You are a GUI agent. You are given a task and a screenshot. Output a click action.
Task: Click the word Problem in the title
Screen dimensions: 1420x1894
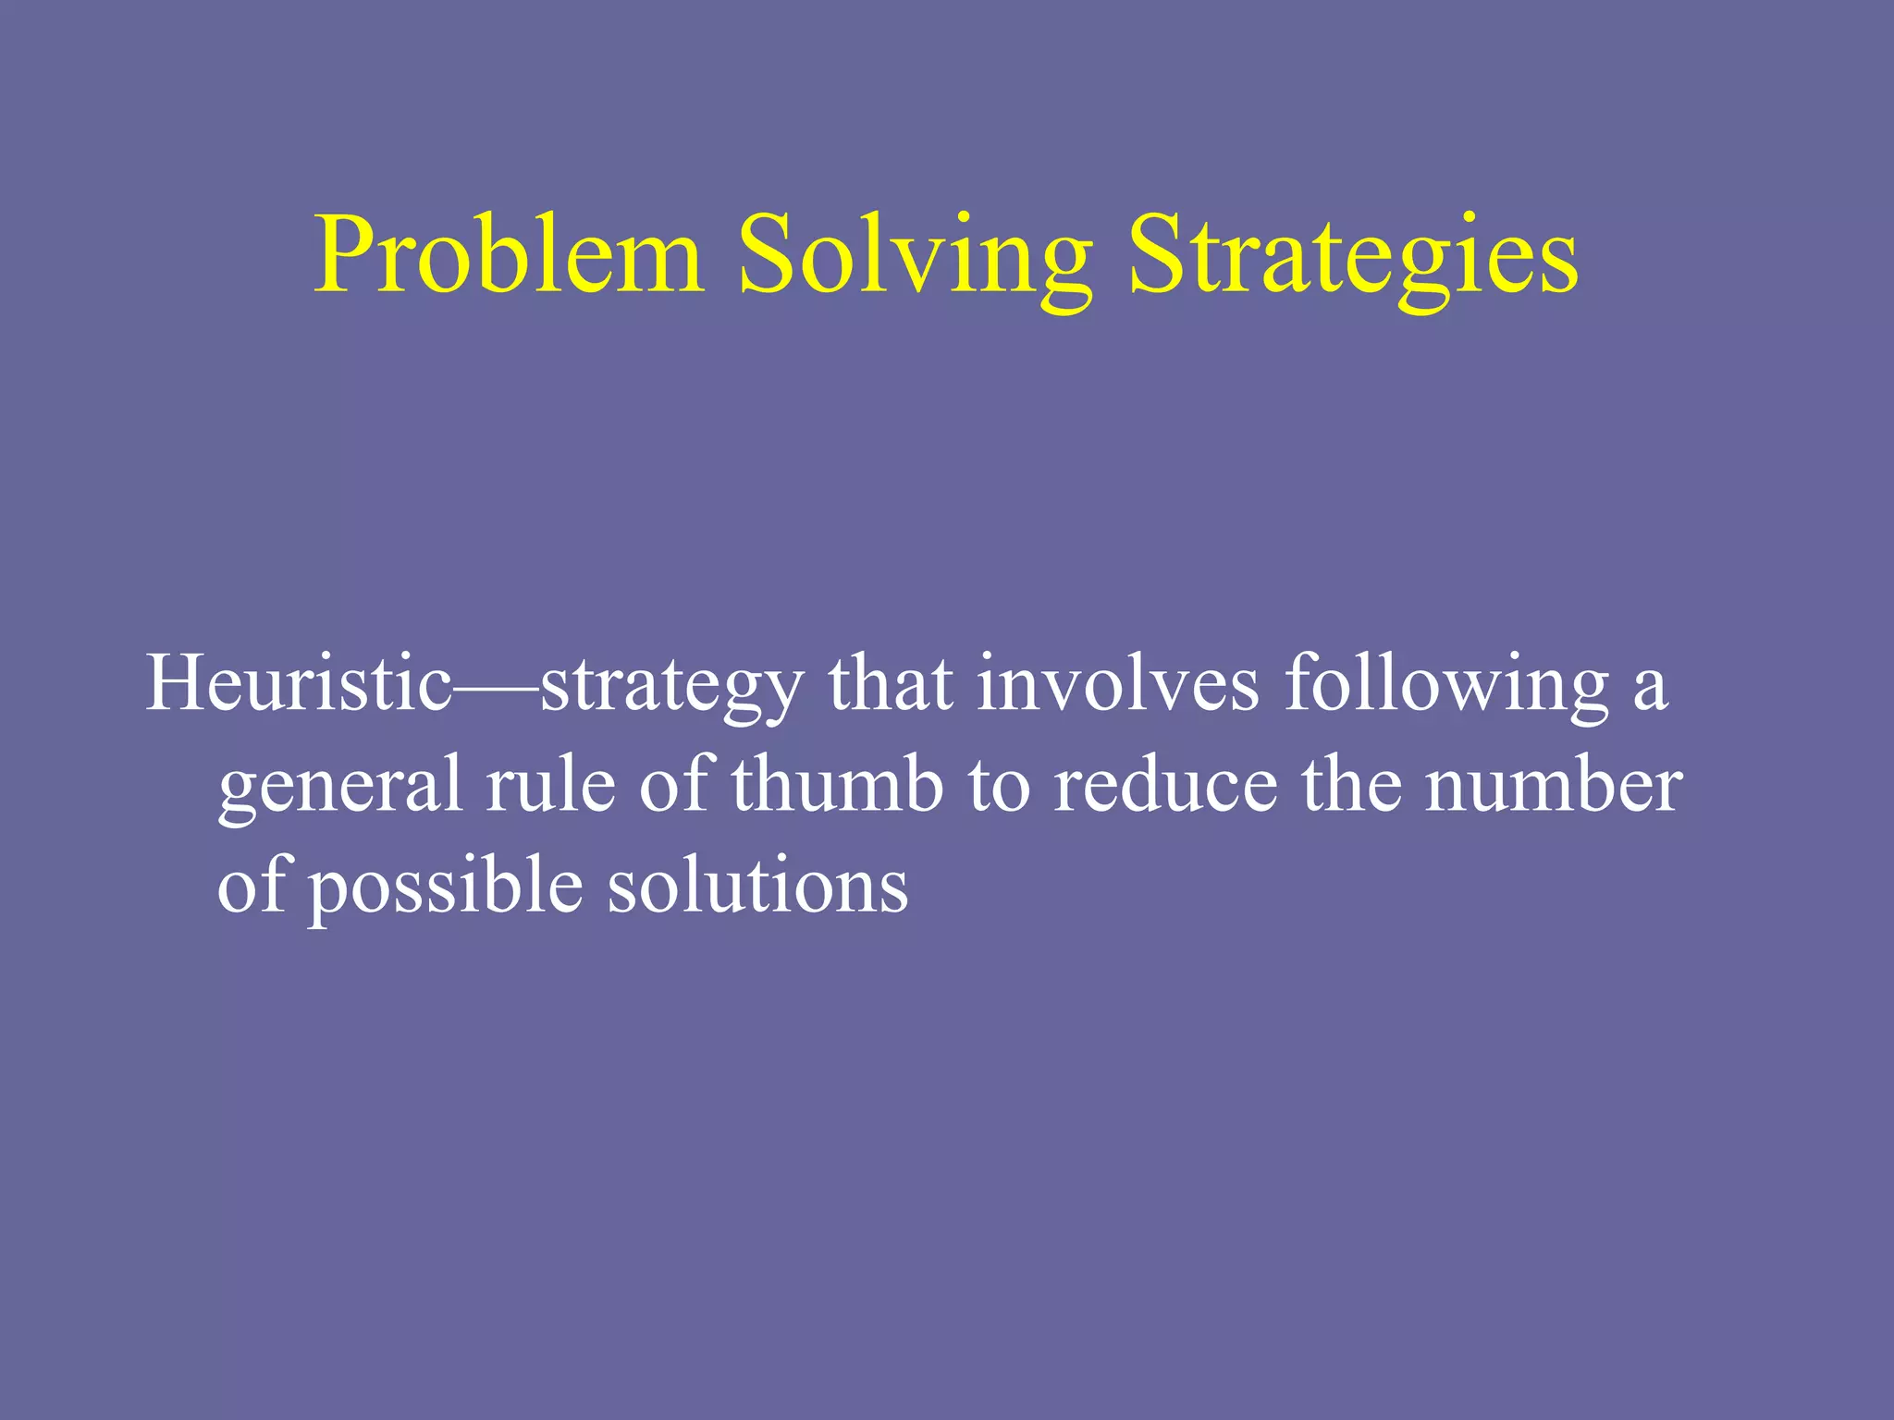coord(508,254)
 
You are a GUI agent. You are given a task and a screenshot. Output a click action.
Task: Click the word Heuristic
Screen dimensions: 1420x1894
coord(298,684)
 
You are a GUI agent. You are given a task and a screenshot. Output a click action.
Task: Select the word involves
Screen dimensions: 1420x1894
coord(1118,684)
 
